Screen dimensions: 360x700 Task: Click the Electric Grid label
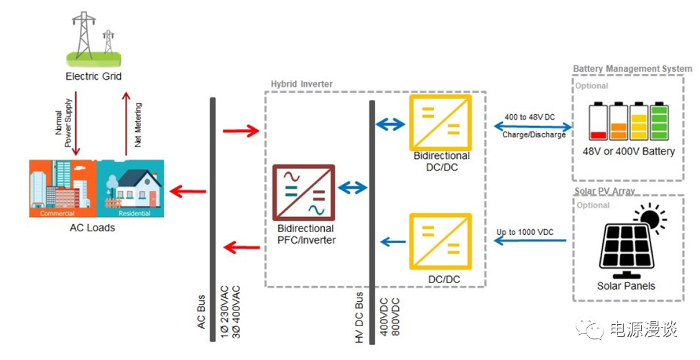pyautogui.click(x=93, y=76)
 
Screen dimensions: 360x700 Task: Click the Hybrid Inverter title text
pyautogui.click(x=302, y=84)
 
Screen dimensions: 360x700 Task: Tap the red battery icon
pyautogui.click(x=598, y=121)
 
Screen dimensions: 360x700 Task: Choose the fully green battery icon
pyautogui.click(x=659, y=121)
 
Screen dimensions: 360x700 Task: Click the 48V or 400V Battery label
pyautogui.click(x=629, y=152)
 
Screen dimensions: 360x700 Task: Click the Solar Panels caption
pyautogui.click(x=626, y=285)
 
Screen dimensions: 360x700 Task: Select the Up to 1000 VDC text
pyautogui.click(x=525, y=233)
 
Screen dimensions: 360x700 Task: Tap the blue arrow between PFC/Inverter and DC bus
pyautogui.click(x=352, y=188)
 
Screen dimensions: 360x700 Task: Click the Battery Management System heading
pyautogui.click(x=632, y=69)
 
